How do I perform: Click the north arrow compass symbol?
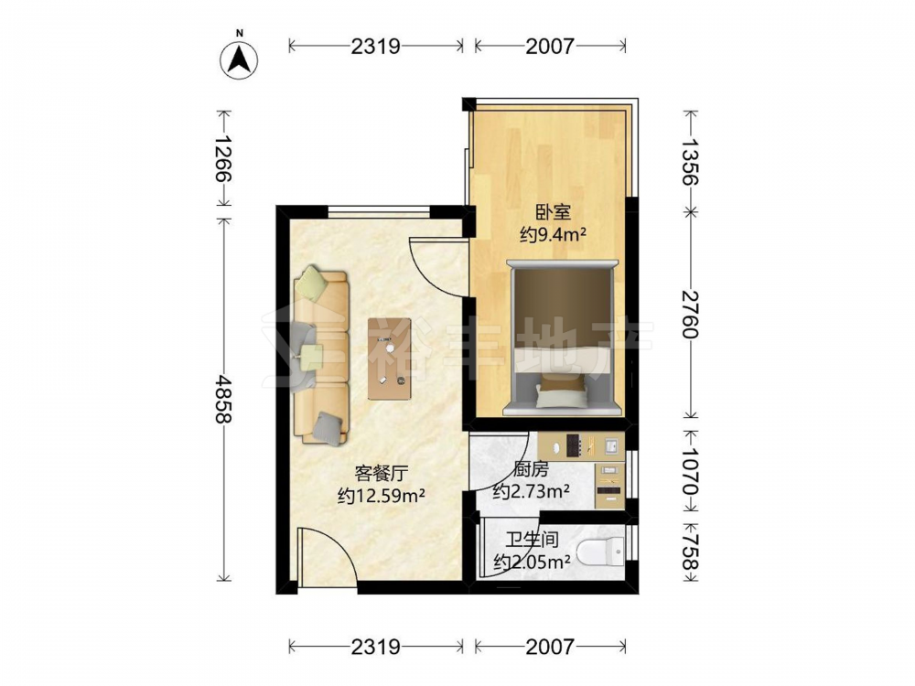(239, 59)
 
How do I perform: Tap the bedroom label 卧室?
(553, 212)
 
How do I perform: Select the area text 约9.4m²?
(553, 235)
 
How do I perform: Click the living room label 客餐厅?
(381, 473)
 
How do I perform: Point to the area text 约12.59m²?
(381, 497)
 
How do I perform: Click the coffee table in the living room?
(389, 359)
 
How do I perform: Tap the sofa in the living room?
(321, 356)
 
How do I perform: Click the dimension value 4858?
(222, 399)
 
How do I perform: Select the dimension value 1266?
(222, 158)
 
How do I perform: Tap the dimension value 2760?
(690, 314)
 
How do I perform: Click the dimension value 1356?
(690, 161)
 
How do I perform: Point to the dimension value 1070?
(690, 471)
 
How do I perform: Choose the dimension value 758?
(690, 552)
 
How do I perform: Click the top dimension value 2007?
(550, 46)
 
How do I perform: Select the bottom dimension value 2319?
(375, 647)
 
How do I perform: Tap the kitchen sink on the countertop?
(611, 446)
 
